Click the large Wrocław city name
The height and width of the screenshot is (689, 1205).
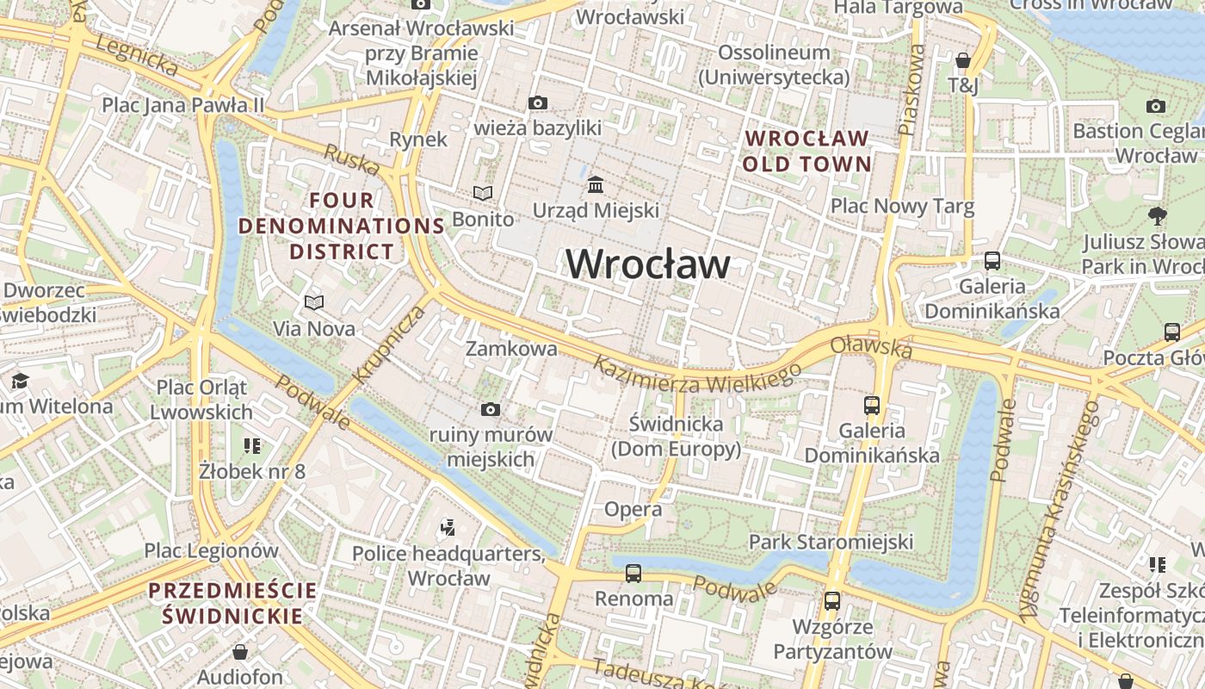tap(647, 264)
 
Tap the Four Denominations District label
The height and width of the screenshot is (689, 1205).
tap(342, 227)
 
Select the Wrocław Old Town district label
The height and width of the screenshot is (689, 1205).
tap(806, 151)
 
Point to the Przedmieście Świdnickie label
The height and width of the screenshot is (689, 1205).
tap(232, 603)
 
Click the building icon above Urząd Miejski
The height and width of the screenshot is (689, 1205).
tap(595, 185)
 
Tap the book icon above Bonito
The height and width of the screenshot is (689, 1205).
tap(483, 194)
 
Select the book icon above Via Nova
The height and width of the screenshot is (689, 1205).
tap(314, 302)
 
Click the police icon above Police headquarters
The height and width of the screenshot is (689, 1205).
tap(447, 526)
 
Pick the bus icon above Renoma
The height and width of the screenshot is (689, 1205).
tap(633, 573)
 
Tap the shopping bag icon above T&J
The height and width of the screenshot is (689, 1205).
tap(963, 60)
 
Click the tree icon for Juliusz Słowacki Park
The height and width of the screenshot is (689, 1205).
tap(1157, 215)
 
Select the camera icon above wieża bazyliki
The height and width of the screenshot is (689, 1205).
tap(537, 103)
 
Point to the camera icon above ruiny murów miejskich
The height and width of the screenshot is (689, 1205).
tap(491, 409)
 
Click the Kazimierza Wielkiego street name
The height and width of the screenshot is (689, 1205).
tap(697, 376)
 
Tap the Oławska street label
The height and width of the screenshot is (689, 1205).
tap(871, 347)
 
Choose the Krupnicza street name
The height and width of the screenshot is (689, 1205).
tap(389, 344)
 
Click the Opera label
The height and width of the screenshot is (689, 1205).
tap(633, 509)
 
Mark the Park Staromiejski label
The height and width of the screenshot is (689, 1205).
tap(831, 542)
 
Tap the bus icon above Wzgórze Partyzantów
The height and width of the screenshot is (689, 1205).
tap(831, 601)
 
